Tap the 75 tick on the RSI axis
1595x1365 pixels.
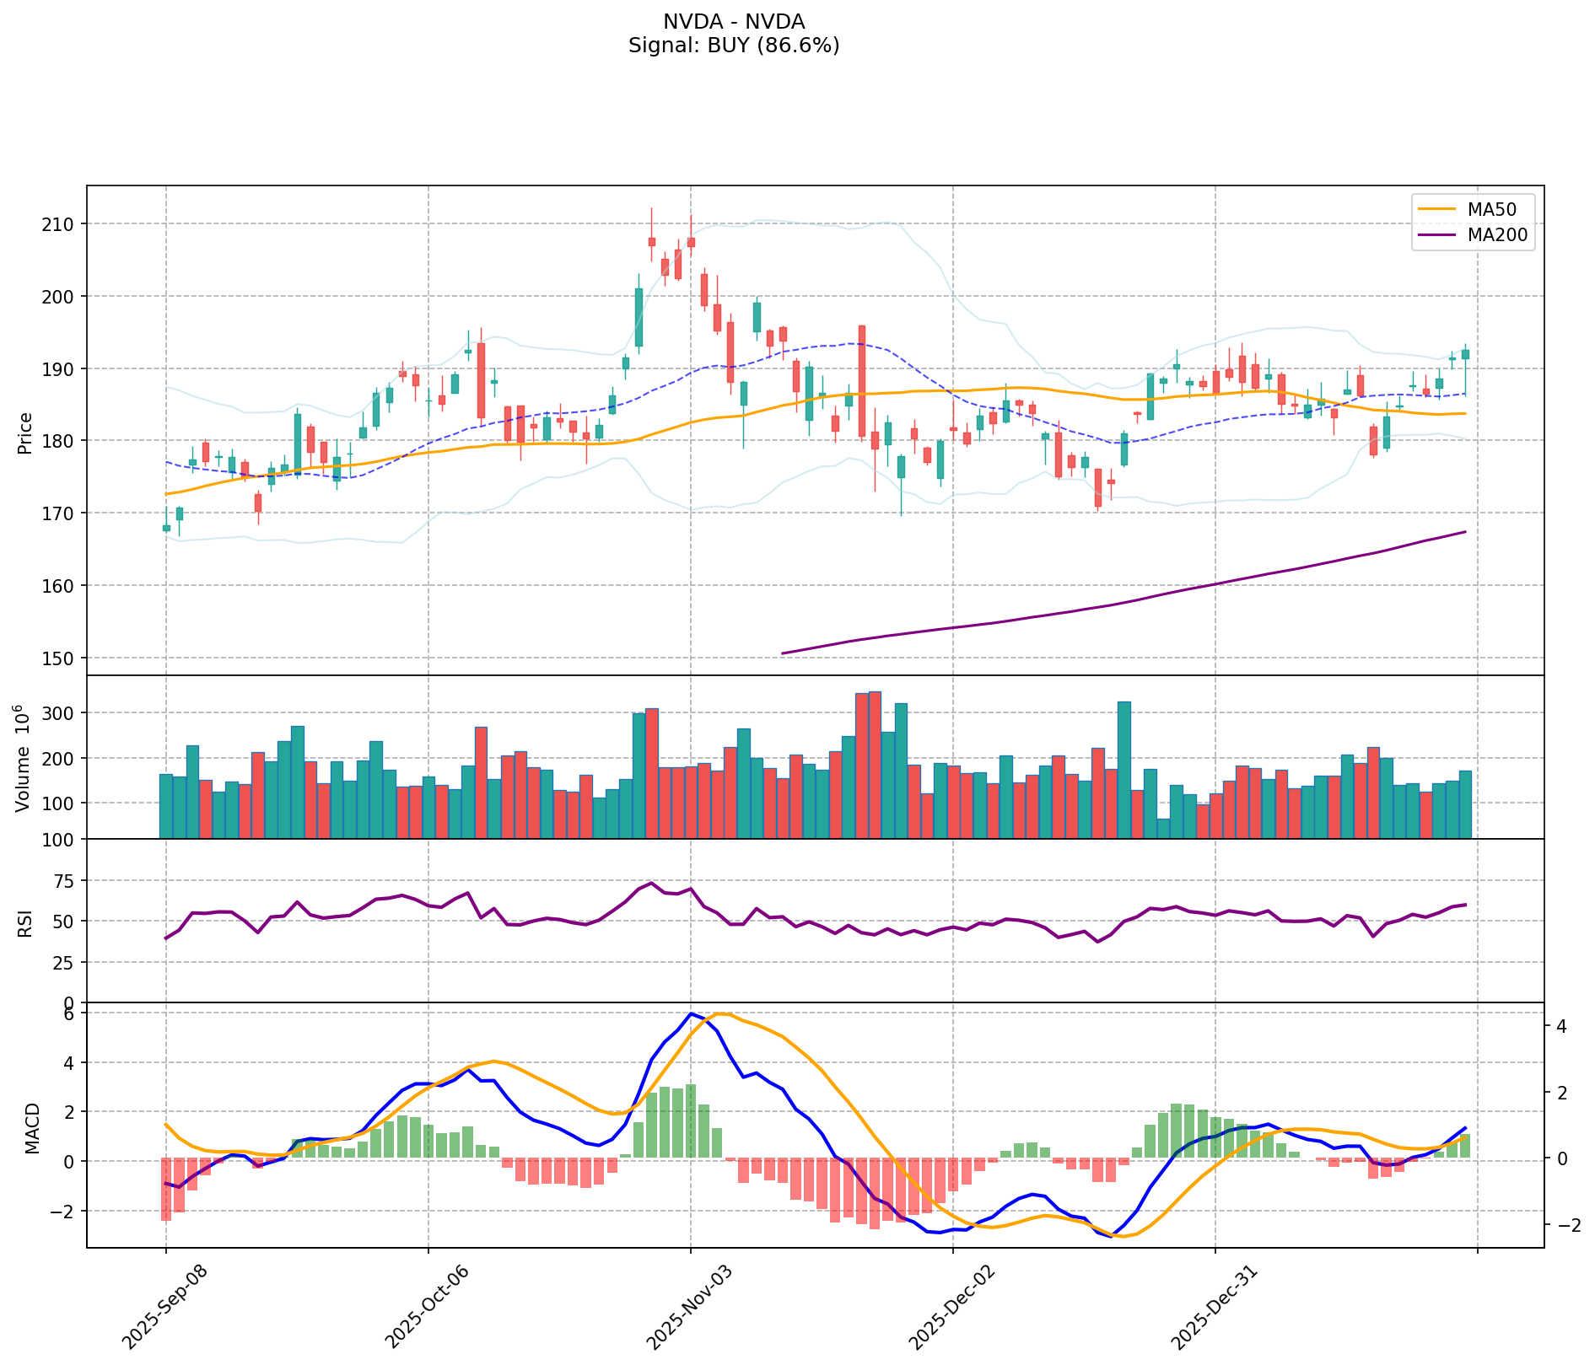(x=65, y=881)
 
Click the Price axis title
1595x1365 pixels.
(x=25, y=433)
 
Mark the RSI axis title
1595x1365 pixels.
(x=25, y=922)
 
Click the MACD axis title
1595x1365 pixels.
(x=32, y=1128)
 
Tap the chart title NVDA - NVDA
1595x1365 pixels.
(x=733, y=22)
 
